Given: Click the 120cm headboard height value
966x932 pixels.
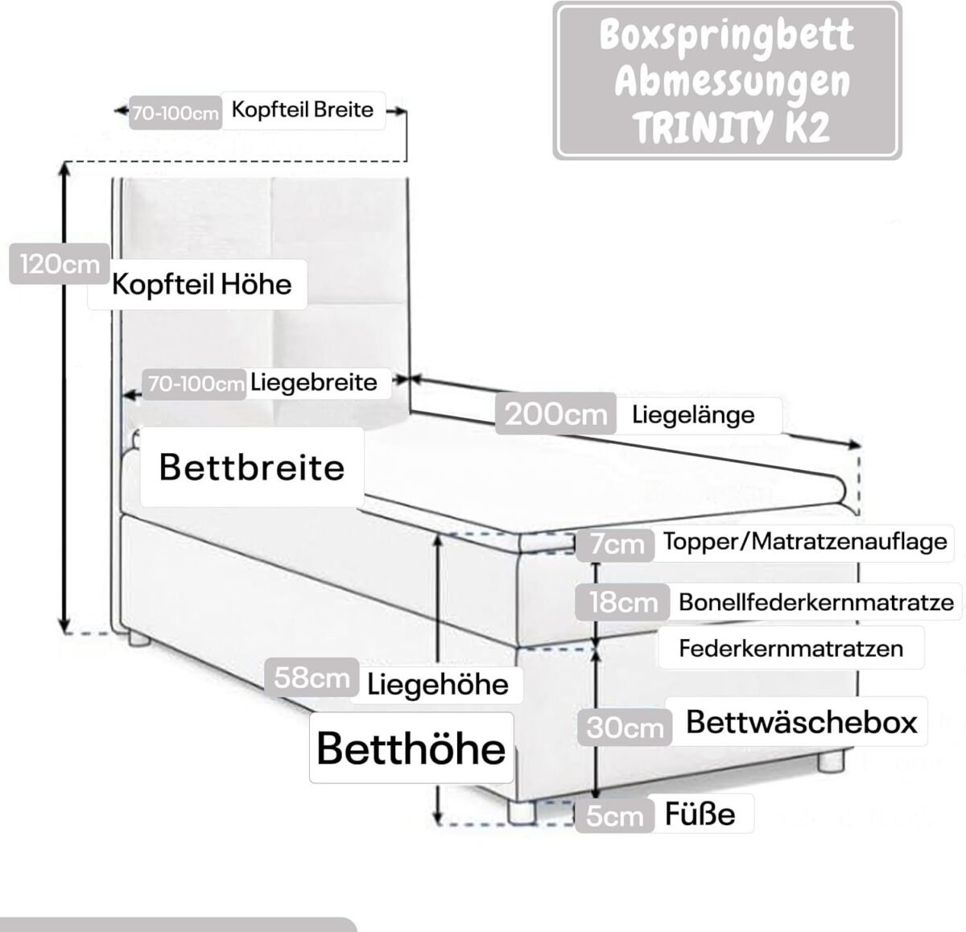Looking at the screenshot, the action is (60, 264).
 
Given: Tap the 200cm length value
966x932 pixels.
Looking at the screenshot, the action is (556, 414).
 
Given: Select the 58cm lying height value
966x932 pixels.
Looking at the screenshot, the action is (312, 677).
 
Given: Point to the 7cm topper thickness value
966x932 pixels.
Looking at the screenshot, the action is (617, 544).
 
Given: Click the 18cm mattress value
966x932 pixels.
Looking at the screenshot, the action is (624, 603).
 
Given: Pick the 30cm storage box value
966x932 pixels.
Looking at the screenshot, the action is (625, 728).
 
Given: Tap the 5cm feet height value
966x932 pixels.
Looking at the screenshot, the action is (614, 816).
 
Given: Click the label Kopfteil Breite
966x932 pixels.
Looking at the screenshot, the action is (303, 109).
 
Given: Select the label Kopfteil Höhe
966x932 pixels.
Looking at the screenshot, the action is (201, 284).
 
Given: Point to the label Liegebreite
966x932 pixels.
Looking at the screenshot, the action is (314, 382).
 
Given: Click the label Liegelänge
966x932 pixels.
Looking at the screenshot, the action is (693, 414).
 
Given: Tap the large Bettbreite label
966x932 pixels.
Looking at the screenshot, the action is (252, 468).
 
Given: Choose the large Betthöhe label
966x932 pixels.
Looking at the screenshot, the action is (411, 748).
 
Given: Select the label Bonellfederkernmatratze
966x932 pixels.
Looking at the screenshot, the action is (816, 603).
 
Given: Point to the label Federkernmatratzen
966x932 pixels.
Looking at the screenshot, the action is (791, 648).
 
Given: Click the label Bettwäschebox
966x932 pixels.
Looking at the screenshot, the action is (802, 722).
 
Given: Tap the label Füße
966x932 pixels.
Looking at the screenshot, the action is (700, 814).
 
